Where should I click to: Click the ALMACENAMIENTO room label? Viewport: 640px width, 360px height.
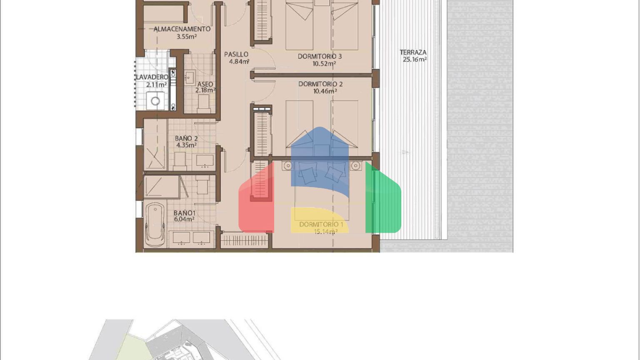click(x=182, y=29)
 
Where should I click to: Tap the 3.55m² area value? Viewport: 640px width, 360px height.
click(x=187, y=37)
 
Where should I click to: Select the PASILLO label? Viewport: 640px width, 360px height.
click(x=236, y=54)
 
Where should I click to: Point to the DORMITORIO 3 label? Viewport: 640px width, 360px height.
click(x=320, y=56)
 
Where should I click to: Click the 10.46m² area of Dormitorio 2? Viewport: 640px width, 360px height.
click(x=325, y=91)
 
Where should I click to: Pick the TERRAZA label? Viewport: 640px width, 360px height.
click(x=413, y=52)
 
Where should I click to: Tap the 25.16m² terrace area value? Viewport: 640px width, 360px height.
click(x=415, y=60)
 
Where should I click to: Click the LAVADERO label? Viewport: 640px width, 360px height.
click(x=152, y=77)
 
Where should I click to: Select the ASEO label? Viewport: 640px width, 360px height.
click(x=205, y=84)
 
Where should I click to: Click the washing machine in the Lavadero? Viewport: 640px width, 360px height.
click(x=155, y=101)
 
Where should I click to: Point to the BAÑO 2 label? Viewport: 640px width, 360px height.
click(x=186, y=138)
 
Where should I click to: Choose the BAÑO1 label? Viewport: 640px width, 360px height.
click(x=184, y=213)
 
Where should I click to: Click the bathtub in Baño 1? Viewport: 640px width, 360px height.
click(x=155, y=225)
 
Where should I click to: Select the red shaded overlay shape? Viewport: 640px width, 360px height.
click(x=256, y=198)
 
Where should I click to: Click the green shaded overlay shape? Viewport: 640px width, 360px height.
click(x=383, y=198)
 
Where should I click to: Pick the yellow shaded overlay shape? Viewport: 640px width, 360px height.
click(x=320, y=220)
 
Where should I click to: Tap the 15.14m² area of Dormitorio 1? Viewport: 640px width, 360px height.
click(x=324, y=232)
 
